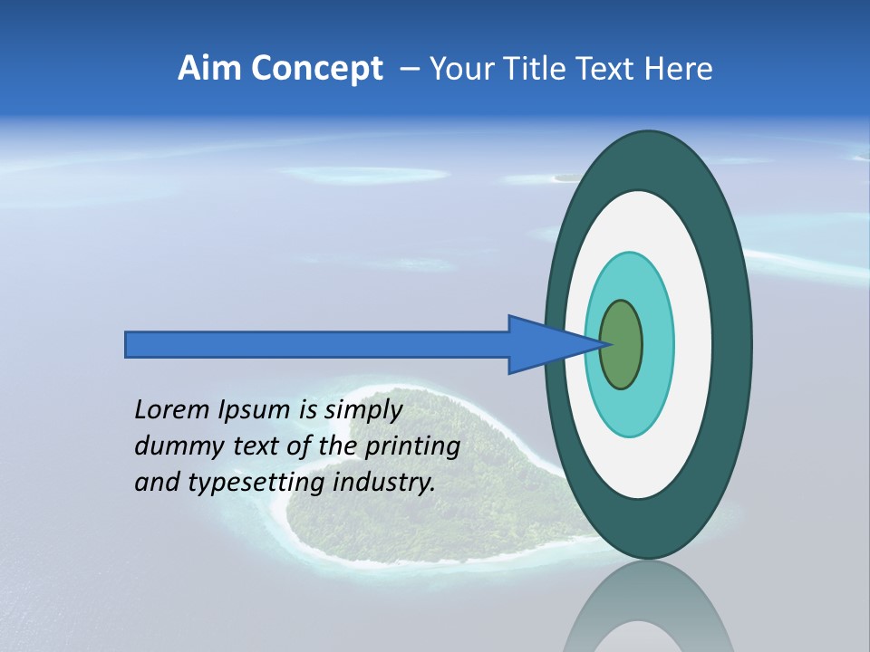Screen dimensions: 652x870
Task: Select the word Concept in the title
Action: [x=316, y=69]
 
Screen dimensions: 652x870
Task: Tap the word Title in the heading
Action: [x=537, y=69]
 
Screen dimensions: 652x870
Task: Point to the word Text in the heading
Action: [x=608, y=69]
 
